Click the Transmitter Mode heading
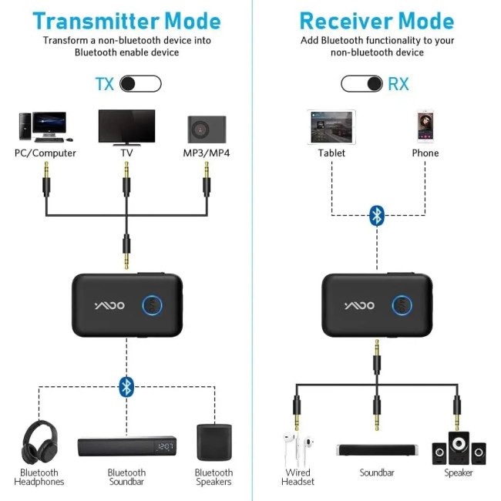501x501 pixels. (126, 21)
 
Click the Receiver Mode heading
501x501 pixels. (376, 21)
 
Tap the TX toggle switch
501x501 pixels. (141, 83)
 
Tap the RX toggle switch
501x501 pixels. (362, 83)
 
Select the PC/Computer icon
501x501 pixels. (42, 126)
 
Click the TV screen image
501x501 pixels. (126, 125)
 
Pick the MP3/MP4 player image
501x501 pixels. (207, 127)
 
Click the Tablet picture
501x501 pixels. (331, 126)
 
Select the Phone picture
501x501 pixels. (425, 126)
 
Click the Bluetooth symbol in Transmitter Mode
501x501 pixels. (126, 386)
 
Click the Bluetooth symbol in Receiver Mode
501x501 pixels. (376, 215)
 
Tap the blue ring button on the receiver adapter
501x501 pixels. (401, 306)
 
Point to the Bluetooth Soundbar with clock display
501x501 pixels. (126, 446)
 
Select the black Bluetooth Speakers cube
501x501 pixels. (213, 442)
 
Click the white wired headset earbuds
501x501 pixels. (297, 447)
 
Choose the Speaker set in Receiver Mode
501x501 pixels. (459, 447)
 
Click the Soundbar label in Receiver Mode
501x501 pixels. (376, 472)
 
